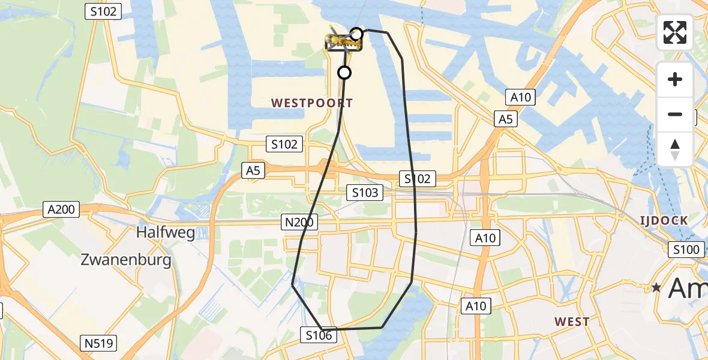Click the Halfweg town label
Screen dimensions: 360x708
click(x=166, y=232)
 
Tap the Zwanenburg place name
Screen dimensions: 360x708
click(x=126, y=260)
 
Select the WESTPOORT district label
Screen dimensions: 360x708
click(x=312, y=103)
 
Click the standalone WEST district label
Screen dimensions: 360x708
click(x=572, y=322)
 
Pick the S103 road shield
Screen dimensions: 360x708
click(x=365, y=192)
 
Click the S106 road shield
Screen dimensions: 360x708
click(x=318, y=335)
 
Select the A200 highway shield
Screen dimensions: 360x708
click(x=62, y=209)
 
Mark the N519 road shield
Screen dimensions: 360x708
click(x=98, y=343)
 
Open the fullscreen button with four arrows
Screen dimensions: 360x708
click(x=675, y=32)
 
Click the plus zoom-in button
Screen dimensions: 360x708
click(x=675, y=79)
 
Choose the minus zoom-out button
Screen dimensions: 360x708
click(x=675, y=114)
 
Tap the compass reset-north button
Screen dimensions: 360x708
click(x=675, y=149)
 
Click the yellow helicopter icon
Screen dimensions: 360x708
click(x=342, y=42)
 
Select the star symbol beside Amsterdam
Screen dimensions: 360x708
click(x=658, y=288)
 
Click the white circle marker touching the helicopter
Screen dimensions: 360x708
click(x=356, y=34)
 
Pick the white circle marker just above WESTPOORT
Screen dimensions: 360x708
click(x=344, y=73)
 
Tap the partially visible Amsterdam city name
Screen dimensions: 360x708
click(x=688, y=288)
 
